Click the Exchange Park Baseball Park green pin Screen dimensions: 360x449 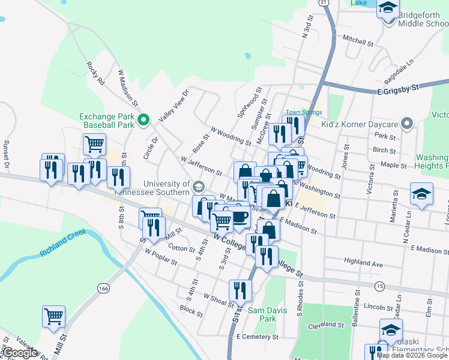(x=143, y=121)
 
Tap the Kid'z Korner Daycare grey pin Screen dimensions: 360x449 (x=407, y=124)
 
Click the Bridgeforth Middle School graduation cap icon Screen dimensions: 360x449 (x=388, y=8)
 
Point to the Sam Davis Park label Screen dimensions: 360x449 (x=262, y=314)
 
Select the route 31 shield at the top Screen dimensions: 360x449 (x=324, y=3)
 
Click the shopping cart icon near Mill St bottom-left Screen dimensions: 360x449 (x=53, y=316)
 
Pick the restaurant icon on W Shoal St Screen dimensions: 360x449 (x=241, y=291)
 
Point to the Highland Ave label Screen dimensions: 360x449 (x=363, y=263)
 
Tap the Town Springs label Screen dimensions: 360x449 (x=304, y=112)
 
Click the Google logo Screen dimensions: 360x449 (x=20, y=353)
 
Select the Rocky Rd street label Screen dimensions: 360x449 (x=95, y=73)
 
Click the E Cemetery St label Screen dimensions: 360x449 (x=258, y=337)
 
